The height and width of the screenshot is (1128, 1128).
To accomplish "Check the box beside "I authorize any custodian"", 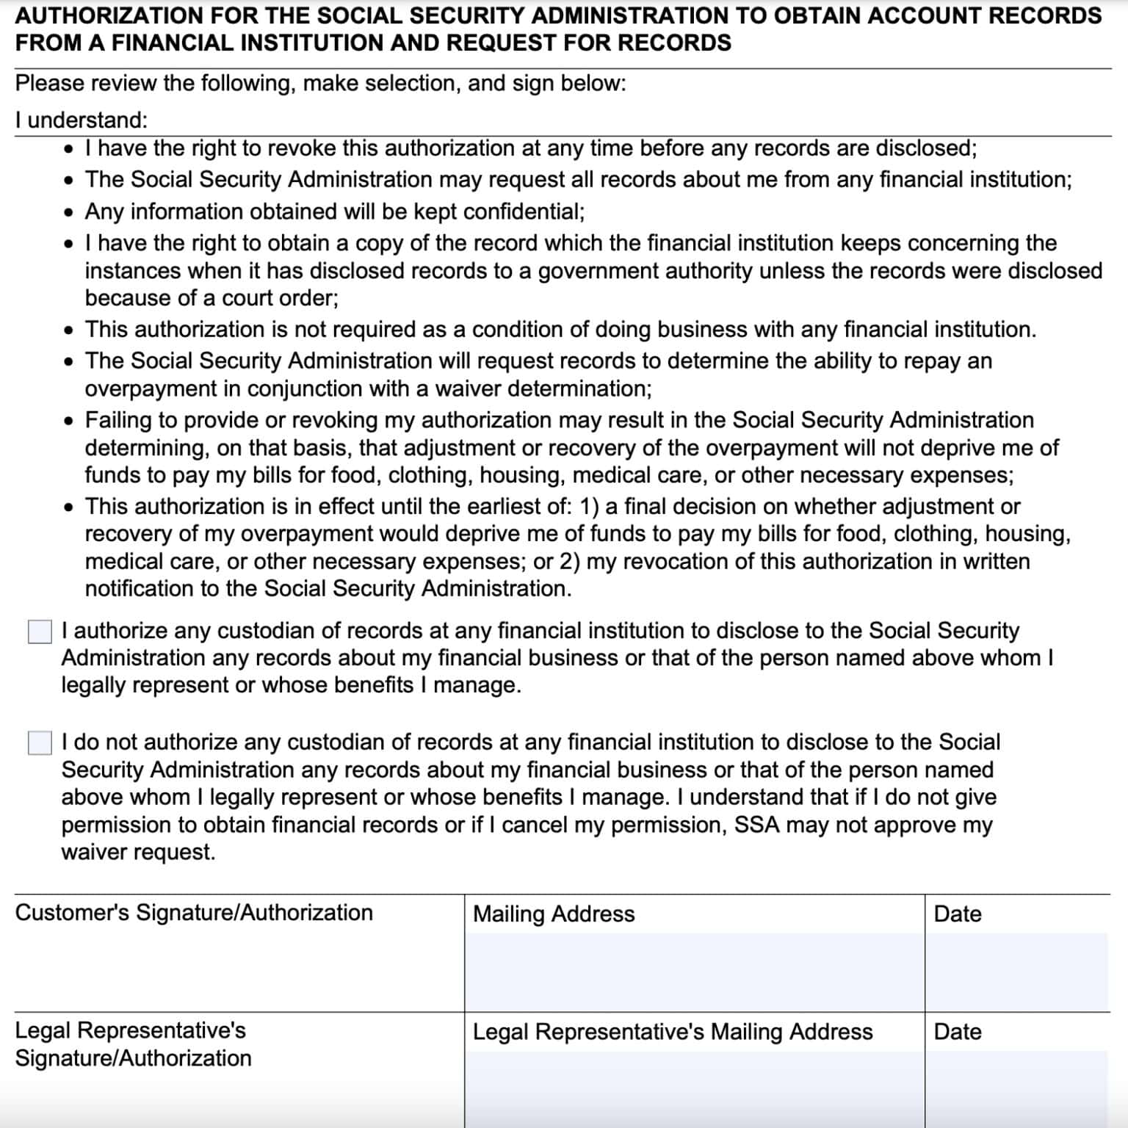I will (x=40, y=632).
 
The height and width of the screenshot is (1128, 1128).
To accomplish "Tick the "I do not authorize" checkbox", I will (x=40, y=742).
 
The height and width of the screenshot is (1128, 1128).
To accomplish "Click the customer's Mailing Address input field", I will (x=694, y=972).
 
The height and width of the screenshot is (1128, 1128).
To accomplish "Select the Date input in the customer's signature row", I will (x=1016, y=972).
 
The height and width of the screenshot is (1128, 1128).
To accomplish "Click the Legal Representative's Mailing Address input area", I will (x=694, y=1088).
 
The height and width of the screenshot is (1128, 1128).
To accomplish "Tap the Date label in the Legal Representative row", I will (x=957, y=1032).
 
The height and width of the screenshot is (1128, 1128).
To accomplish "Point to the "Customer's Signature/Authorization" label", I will (x=194, y=913).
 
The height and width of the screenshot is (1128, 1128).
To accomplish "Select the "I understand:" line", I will (x=81, y=120).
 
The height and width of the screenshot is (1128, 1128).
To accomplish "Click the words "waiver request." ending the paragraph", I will (x=138, y=852).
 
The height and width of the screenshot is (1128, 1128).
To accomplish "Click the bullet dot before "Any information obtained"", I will (x=68, y=213).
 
